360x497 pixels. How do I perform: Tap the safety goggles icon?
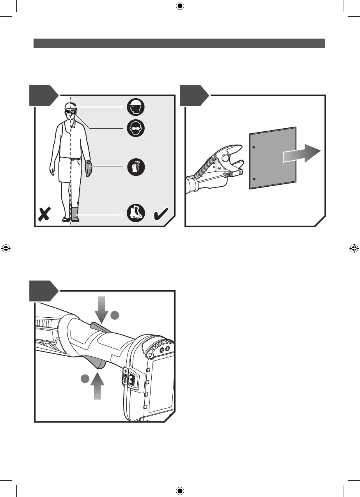coord(136,128)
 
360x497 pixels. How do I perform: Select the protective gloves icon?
coord(136,167)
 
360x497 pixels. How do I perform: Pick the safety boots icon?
coord(136,214)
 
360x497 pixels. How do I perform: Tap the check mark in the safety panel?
coord(161,214)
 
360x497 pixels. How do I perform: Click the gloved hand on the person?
coord(89,168)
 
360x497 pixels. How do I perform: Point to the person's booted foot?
coord(74,214)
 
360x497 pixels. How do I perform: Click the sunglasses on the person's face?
coord(70,113)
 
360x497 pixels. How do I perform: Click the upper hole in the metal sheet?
coord(254,147)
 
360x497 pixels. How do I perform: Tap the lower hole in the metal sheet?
coord(254,179)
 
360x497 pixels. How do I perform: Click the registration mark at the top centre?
coord(180,6)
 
